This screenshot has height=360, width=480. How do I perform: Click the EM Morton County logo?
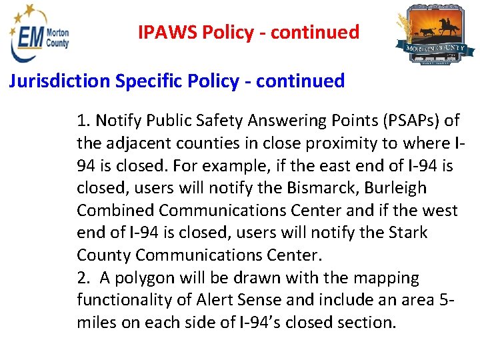pyautogui.click(x=39, y=35)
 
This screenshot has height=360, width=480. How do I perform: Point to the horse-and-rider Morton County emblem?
pyautogui.click(x=435, y=36)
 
